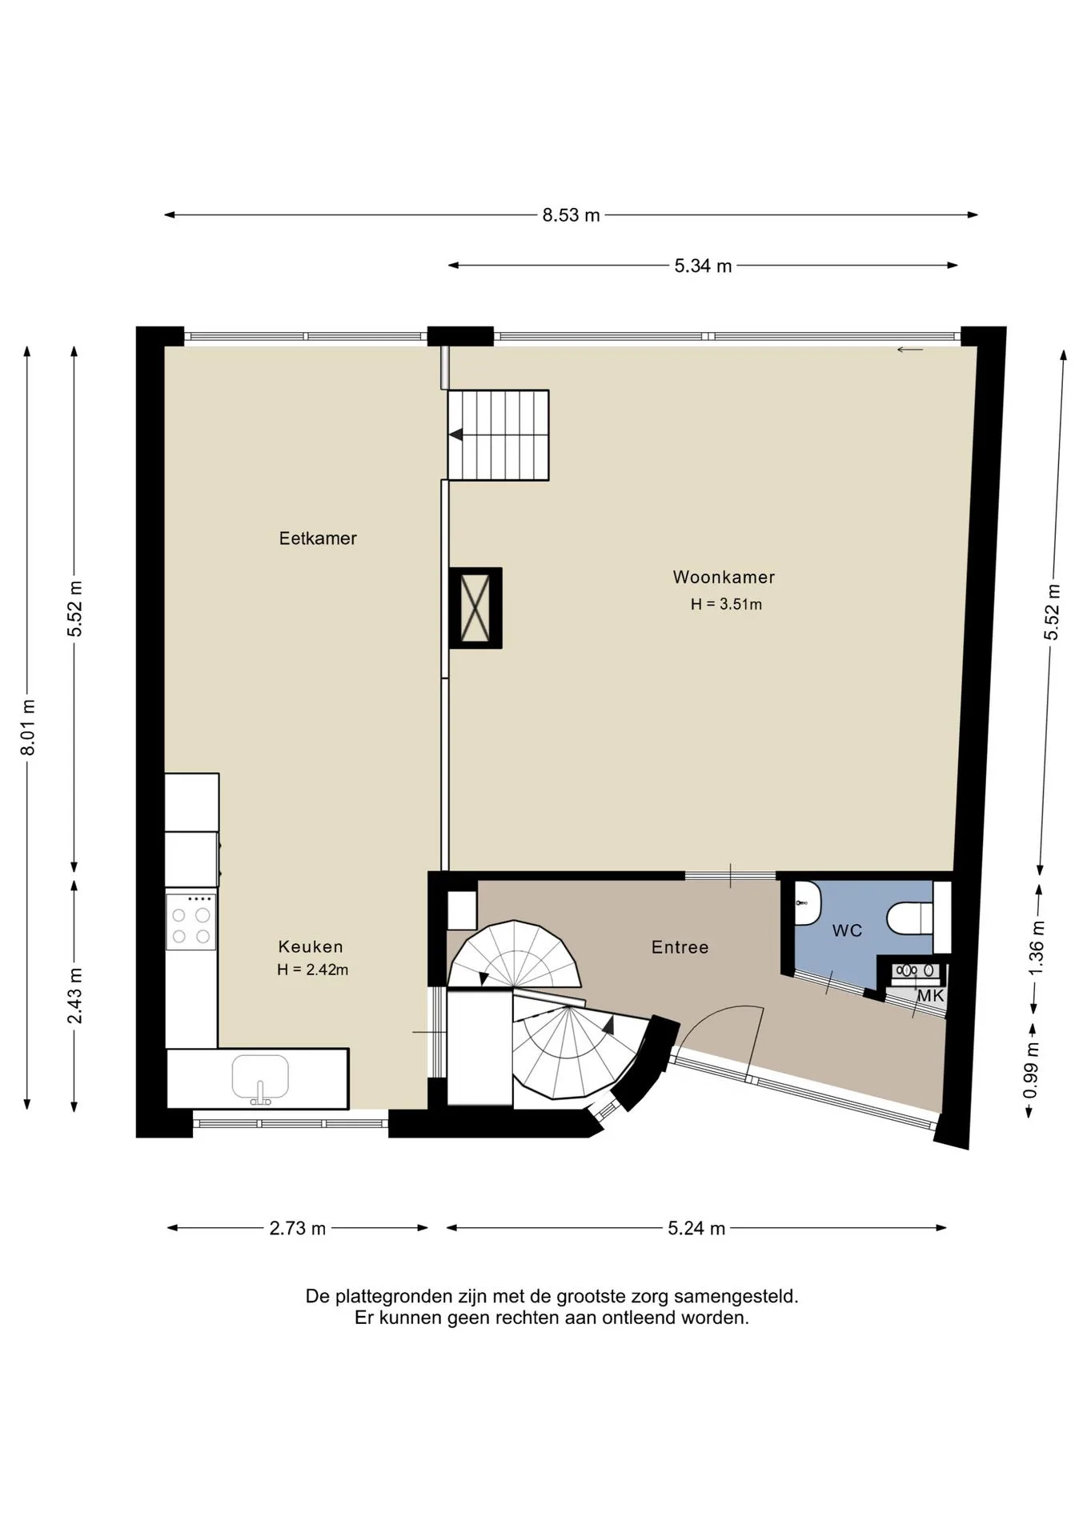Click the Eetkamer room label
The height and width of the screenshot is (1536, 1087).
click(318, 538)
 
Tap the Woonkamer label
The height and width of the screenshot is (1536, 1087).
click(724, 577)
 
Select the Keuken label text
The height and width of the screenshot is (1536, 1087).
click(311, 946)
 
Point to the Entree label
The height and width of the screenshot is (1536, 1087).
click(680, 947)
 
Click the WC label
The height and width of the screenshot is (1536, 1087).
click(847, 930)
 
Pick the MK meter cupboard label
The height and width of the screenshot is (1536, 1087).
click(930, 996)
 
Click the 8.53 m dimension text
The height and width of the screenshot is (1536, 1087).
click(571, 215)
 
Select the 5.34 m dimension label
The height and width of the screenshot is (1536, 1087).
click(703, 266)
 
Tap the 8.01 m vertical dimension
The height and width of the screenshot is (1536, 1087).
click(28, 727)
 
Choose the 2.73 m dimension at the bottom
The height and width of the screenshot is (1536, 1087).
click(298, 1228)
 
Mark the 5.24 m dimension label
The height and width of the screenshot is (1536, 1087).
click(696, 1228)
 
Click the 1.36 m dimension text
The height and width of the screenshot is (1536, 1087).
click(1037, 947)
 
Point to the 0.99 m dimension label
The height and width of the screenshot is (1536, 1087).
click(1031, 1070)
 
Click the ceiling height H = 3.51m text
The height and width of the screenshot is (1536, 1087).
click(726, 604)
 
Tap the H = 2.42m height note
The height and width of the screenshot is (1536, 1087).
click(312, 970)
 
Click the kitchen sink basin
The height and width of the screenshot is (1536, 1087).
click(260, 1077)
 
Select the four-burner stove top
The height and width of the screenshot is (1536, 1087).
click(191, 922)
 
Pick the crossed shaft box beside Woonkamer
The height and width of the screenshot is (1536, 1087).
click(475, 608)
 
